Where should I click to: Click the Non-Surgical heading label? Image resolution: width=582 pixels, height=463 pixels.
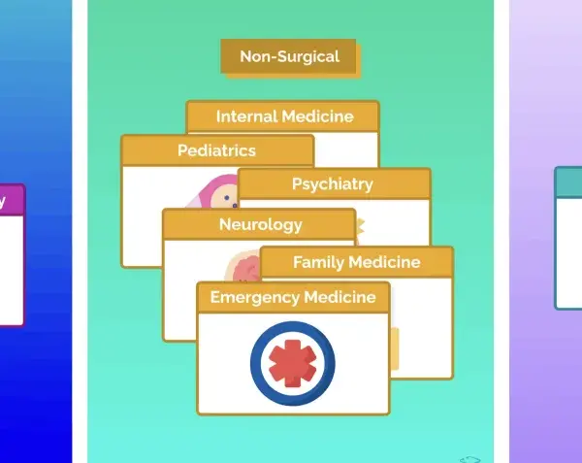click(289, 56)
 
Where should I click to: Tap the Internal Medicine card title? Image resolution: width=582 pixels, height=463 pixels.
click(284, 116)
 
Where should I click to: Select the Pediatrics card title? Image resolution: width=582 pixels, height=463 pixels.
click(216, 150)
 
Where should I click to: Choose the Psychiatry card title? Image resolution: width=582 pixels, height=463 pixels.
click(332, 184)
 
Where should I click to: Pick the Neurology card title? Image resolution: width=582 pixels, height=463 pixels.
click(261, 225)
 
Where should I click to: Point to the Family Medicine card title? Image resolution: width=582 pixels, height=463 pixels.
click(357, 262)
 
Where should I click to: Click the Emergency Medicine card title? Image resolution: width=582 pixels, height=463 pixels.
click(293, 297)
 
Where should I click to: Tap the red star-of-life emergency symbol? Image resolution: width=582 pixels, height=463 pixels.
click(293, 363)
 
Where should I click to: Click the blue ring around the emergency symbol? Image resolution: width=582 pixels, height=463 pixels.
click(255, 363)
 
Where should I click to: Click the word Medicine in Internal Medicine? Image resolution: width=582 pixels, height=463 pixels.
click(317, 116)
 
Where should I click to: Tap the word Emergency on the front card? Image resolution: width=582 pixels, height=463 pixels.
click(254, 298)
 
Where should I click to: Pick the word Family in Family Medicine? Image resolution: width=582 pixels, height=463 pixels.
click(318, 263)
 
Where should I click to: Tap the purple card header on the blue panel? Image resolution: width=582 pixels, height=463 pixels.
click(12, 200)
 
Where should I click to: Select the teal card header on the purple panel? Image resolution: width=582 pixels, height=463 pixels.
click(568, 182)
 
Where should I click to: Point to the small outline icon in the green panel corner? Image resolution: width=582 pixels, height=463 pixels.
click(470, 460)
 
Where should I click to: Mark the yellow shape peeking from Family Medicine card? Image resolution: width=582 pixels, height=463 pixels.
click(394, 348)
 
